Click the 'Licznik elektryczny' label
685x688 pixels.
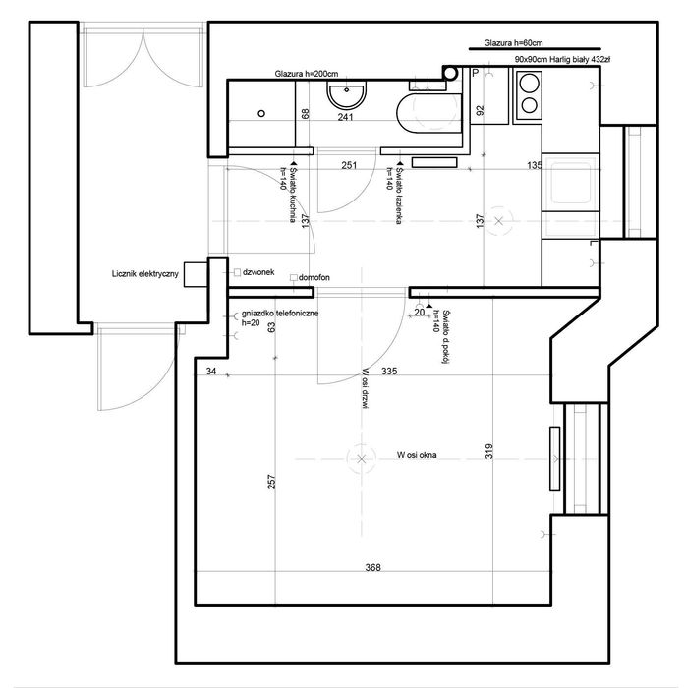[x=145, y=274]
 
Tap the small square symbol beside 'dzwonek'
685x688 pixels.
[x=237, y=272]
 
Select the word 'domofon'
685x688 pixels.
[x=314, y=278]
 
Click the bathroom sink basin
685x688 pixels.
[x=346, y=95]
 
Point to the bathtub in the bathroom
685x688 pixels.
[x=428, y=112]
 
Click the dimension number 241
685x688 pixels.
[x=345, y=117]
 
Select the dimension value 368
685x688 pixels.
[x=373, y=567]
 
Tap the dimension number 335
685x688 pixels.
[x=389, y=372]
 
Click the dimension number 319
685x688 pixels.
[x=489, y=451]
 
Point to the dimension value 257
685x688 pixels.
[x=271, y=482]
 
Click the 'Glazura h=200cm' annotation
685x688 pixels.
[x=307, y=74]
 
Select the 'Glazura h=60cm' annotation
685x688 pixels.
[x=513, y=43]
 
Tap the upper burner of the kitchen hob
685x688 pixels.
[x=529, y=83]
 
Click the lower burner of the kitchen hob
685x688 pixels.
[x=529, y=105]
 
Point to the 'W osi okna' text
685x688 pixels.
[x=417, y=455]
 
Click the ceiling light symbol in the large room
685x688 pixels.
[x=361, y=459]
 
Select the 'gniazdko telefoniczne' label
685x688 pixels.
[x=280, y=314]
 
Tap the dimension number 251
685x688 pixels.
[x=349, y=165]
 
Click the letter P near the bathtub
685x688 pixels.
[x=476, y=74]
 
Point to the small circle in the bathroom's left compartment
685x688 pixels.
[x=261, y=113]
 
